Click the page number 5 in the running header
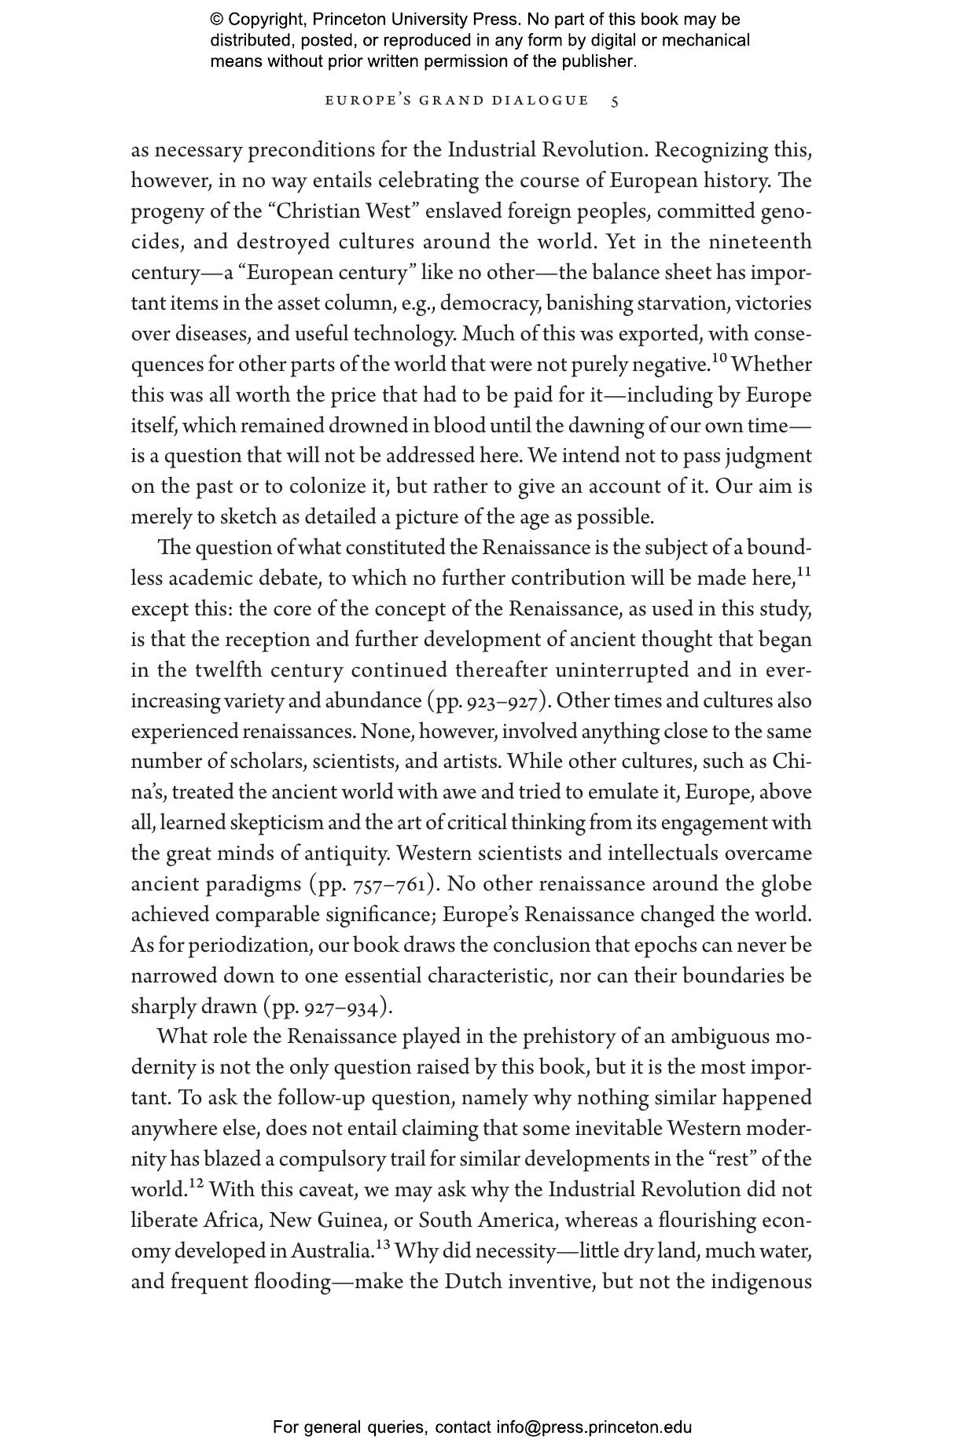point(615,101)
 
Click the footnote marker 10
point(719,359)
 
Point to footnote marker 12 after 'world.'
point(197,1184)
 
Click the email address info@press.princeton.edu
point(594,1427)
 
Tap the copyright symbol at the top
point(216,20)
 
